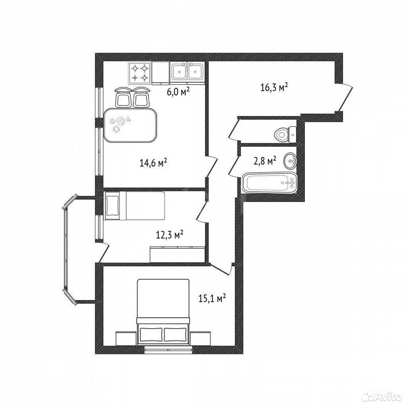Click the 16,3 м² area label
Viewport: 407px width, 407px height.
274,87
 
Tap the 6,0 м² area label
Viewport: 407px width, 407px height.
178,92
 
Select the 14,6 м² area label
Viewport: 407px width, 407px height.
153,163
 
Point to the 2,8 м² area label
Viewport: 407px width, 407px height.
265,161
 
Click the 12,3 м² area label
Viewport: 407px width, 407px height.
170,234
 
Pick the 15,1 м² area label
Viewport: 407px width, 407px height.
212,298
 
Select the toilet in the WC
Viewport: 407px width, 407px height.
285,134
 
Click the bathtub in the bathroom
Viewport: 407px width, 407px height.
270,183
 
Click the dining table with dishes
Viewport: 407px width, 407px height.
130,125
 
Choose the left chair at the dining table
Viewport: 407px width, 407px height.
123,97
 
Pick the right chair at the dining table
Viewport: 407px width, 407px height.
141,97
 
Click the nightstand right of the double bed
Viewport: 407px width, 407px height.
200,338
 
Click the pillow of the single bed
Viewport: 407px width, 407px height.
112,206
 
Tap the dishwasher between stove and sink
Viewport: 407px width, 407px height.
160,73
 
